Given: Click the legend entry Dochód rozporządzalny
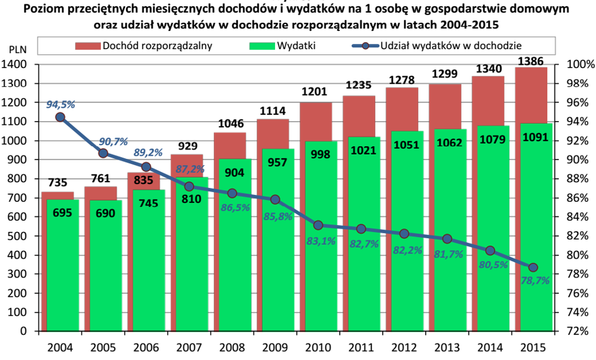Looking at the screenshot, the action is [144, 46].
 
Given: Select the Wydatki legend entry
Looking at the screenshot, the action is [283, 46].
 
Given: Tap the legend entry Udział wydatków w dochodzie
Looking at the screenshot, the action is [436, 46].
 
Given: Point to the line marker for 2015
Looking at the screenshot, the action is [533, 267].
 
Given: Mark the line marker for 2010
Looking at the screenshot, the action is [318, 225].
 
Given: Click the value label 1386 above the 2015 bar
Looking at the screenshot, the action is [530, 61].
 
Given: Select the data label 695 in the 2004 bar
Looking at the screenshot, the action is [62, 212].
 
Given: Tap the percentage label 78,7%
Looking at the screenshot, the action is [535, 281].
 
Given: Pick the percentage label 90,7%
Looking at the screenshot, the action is [114, 142].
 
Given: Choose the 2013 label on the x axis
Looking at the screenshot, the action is [447, 347].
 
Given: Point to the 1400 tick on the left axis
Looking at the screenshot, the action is [14, 65].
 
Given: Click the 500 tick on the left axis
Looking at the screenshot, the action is [18, 236].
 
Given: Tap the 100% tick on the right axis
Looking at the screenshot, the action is [580, 65].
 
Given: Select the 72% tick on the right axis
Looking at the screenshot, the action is [578, 331].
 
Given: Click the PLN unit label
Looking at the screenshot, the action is [18, 50].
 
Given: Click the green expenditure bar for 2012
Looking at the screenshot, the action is [407, 231].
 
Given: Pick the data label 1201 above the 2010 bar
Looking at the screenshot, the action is [315, 92].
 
